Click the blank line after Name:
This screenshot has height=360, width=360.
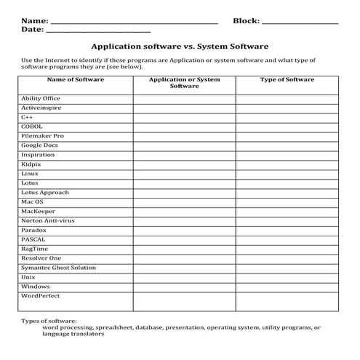click(x=135, y=21)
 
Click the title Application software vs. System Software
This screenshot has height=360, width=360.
click(x=180, y=46)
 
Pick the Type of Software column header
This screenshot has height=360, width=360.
click(x=287, y=79)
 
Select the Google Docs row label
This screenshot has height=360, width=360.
click(x=40, y=145)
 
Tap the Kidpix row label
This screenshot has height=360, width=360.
click(x=31, y=164)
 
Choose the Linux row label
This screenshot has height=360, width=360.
click(x=30, y=174)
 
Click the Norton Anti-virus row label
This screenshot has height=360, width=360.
click(x=48, y=220)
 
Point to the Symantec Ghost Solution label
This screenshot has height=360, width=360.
click(x=58, y=268)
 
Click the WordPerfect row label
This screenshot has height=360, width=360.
click(x=41, y=296)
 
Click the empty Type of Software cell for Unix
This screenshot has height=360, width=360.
click(x=287, y=277)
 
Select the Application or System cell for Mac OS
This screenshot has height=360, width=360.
click(x=184, y=201)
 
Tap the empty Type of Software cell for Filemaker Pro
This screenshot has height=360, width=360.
click(x=287, y=135)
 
